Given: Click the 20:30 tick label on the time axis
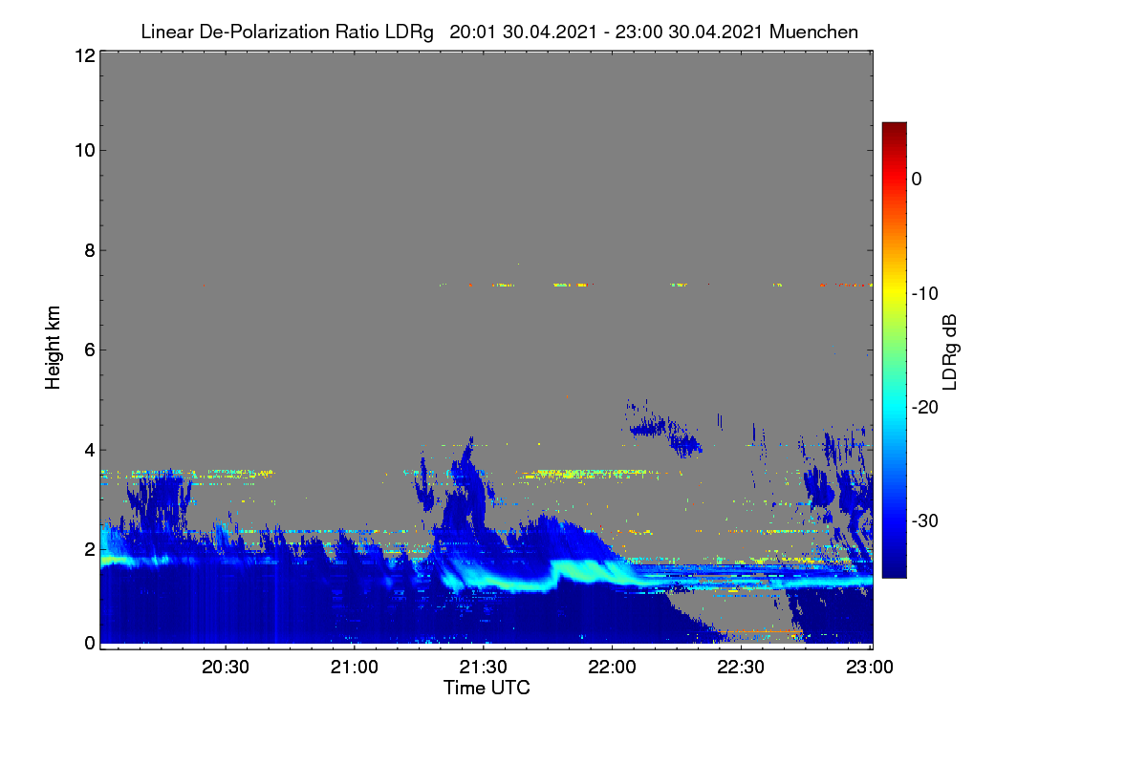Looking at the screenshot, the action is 226,667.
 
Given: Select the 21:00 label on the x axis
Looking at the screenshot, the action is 355,667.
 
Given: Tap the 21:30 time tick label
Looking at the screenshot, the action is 483,667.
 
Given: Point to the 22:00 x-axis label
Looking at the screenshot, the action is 612,667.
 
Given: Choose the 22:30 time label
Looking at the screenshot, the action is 741,667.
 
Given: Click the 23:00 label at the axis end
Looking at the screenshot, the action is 870,667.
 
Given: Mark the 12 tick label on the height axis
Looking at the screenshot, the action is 85,55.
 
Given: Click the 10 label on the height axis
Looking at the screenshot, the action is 85,151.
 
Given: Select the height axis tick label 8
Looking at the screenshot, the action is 90,250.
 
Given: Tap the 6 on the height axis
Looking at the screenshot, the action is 90,350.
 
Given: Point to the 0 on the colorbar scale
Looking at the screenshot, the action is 917,180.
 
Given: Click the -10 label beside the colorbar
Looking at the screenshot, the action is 925,294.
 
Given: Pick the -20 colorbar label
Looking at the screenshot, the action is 925,408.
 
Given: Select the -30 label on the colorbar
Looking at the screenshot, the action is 925,520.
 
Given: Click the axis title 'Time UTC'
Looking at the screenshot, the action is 487,688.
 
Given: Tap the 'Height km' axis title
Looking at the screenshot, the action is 53,348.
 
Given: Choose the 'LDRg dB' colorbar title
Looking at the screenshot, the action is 949,352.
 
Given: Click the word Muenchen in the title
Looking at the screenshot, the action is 813,32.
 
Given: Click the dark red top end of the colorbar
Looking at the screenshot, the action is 894,124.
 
